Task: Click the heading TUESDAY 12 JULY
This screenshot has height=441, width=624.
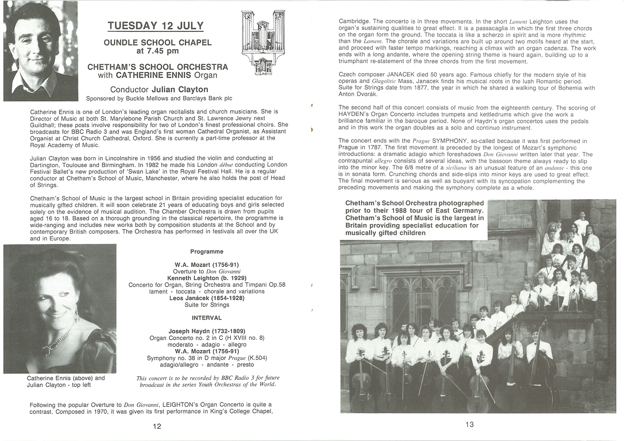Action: click(156, 26)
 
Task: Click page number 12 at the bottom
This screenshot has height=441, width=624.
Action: click(157, 426)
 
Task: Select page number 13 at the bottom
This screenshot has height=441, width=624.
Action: click(469, 424)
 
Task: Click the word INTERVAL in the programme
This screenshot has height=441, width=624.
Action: click(207, 318)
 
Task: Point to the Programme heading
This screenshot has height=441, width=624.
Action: click(207, 251)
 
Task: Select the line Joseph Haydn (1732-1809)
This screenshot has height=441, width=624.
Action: click(207, 331)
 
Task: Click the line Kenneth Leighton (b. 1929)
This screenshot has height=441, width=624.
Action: click(207, 278)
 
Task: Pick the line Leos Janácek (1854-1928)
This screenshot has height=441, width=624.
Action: click(207, 298)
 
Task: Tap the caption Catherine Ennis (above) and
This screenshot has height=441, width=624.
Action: click(66, 378)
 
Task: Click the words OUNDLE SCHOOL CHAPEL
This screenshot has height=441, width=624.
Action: click(158, 43)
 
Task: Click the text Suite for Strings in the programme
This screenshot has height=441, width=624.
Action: click(207, 305)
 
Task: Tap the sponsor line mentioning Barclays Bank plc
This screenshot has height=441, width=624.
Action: click(159, 99)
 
